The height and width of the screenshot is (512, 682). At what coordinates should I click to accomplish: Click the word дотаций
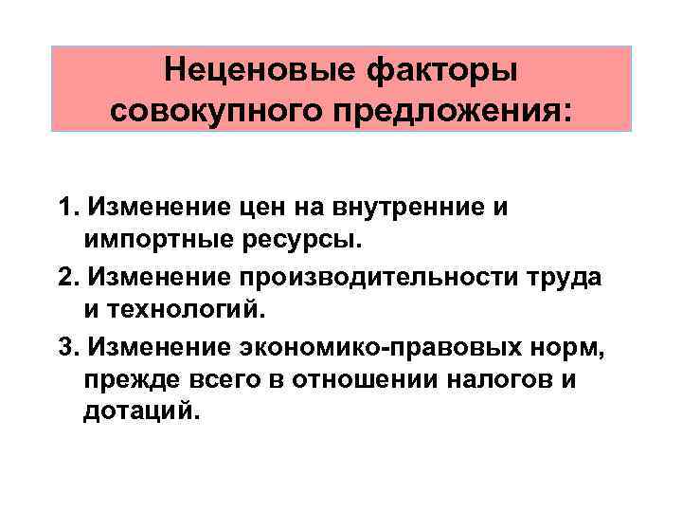click(142, 411)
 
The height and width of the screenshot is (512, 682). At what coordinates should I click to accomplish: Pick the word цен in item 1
click(281, 208)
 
